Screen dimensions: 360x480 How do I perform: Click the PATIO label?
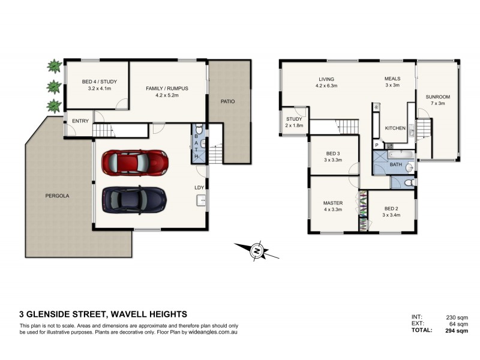[227, 101]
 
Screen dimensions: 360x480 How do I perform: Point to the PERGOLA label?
[58, 196]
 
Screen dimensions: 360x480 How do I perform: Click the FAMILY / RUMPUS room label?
[167, 88]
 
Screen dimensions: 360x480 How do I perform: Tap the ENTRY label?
[80, 121]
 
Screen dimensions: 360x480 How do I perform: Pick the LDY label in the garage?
[200, 188]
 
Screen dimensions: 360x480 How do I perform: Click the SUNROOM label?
[437, 97]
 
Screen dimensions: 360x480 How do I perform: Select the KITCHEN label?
[395, 128]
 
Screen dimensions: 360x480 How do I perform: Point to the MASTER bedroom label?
[332, 203]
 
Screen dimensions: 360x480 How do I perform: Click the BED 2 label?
[392, 209]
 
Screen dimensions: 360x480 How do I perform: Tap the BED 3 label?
[332, 154]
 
